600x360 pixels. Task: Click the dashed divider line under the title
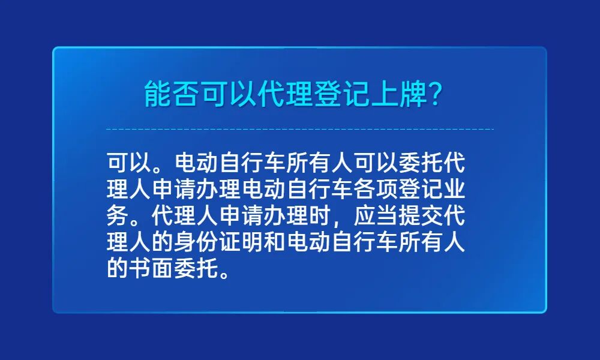coord(300,129)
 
